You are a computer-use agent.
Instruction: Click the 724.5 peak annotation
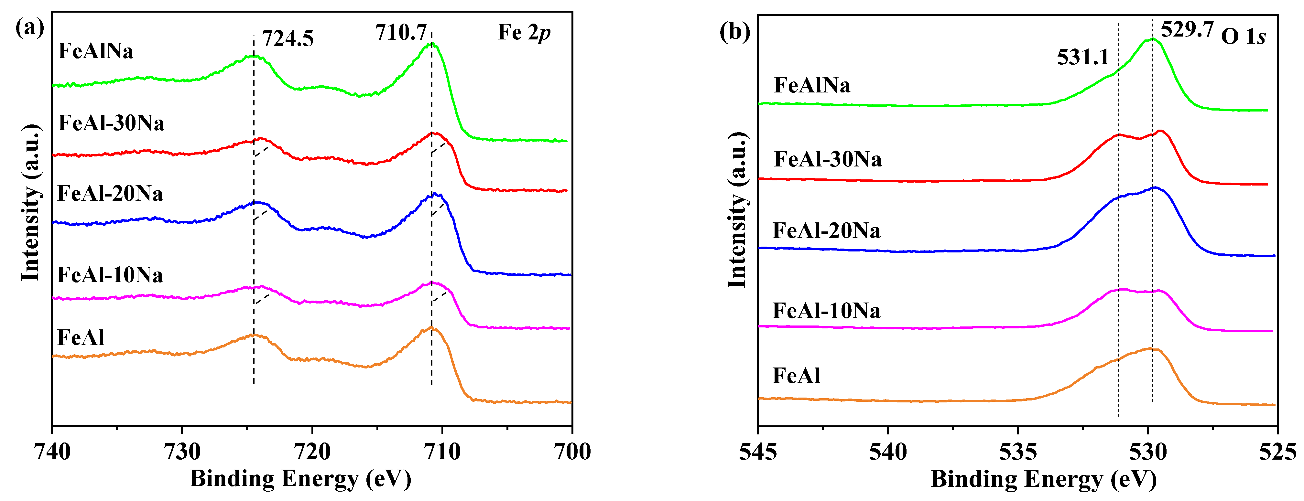click(x=288, y=39)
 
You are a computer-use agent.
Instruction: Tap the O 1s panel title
click(x=1243, y=37)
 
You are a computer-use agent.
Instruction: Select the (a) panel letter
click(x=30, y=27)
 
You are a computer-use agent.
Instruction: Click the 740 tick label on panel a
click(x=52, y=452)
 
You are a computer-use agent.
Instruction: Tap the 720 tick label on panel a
click(x=312, y=452)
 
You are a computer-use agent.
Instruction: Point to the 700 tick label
click(x=572, y=452)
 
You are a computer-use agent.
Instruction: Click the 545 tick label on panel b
click(x=758, y=452)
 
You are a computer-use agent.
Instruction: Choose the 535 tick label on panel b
click(x=1018, y=452)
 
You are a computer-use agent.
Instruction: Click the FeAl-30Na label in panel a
click(x=111, y=123)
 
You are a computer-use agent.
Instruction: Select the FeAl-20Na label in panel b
click(x=826, y=231)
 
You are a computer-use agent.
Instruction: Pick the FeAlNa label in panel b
click(x=812, y=85)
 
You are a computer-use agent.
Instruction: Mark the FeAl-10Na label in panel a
click(x=110, y=275)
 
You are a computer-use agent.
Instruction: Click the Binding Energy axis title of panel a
click(x=300, y=479)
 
